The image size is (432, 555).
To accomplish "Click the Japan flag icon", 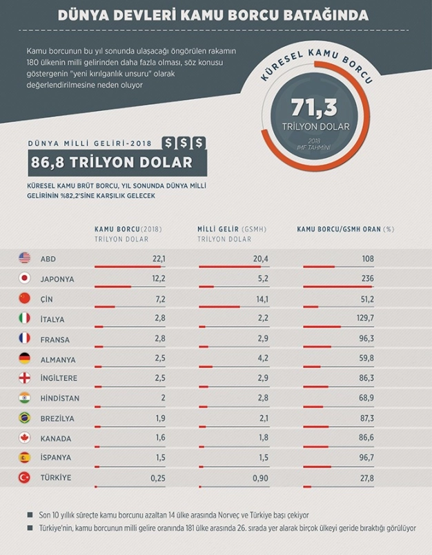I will click(x=25, y=279).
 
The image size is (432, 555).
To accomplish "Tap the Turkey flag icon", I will click(x=25, y=478).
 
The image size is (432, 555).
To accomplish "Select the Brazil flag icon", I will click(x=25, y=418).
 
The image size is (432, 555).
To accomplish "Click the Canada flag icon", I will click(x=25, y=438).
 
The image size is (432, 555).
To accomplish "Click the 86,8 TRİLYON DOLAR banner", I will click(x=111, y=163).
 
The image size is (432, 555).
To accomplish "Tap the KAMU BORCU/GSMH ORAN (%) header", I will click(x=345, y=229).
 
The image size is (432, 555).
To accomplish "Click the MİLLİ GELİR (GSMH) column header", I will click(x=232, y=229).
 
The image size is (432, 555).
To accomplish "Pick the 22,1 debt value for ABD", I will click(x=159, y=259).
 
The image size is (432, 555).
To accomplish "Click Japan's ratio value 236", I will click(x=367, y=279).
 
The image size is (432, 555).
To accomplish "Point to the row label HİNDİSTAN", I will click(x=60, y=398).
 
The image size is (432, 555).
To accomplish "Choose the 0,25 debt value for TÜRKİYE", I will click(x=158, y=478).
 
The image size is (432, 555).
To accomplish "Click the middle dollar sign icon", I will click(x=184, y=143).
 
